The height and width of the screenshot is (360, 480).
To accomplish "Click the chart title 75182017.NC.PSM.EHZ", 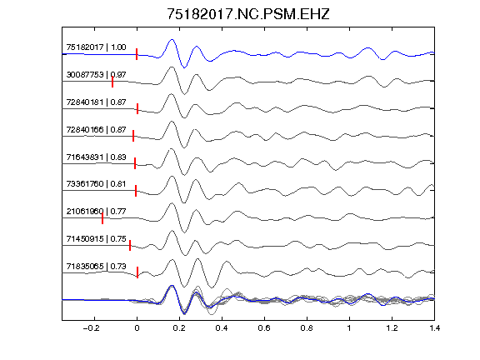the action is (x=248, y=14).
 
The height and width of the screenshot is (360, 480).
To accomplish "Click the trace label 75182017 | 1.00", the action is (x=96, y=47).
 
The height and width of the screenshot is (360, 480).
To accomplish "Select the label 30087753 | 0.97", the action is (x=96, y=74).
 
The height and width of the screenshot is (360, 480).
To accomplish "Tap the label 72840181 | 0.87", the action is (x=96, y=102).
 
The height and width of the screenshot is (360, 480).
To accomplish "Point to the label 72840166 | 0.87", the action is (x=96, y=129).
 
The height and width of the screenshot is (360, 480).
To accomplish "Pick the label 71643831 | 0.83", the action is (x=96, y=157).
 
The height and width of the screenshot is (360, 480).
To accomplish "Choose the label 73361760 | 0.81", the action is (x=96, y=183).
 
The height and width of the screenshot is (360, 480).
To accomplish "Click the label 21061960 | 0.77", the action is (x=96, y=211).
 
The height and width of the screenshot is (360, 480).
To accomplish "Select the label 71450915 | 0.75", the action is (x=96, y=238).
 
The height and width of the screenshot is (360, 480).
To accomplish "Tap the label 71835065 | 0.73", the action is (x=96, y=267).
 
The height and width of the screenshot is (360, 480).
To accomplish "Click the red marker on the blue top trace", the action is (x=137, y=54).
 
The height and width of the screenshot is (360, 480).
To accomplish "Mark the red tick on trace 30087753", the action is (x=112, y=82).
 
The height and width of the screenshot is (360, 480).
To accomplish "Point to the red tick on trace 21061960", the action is (x=102, y=218).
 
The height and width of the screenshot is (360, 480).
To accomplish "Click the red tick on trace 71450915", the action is (x=130, y=246).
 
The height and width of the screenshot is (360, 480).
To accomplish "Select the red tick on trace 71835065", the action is (x=137, y=272).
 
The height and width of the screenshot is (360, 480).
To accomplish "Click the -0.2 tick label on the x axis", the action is (x=91, y=328).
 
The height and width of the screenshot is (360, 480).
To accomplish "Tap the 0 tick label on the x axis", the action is (x=137, y=328).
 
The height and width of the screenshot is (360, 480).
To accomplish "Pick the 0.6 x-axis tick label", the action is (x=264, y=328).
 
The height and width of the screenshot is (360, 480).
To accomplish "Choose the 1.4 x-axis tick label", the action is (x=434, y=328).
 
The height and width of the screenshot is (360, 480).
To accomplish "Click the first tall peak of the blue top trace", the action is (x=172, y=39).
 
